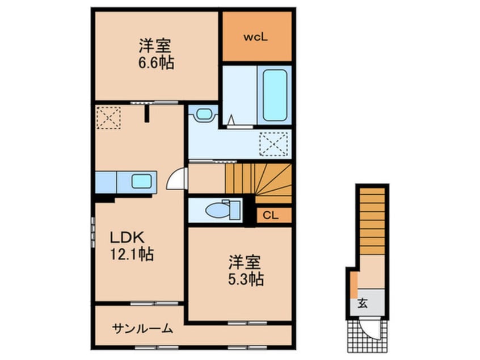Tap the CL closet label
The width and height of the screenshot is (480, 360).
[270, 216]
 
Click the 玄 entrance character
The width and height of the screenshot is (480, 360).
[362, 303]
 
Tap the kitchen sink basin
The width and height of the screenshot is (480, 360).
[141, 182]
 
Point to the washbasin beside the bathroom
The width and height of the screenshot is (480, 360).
[201, 114]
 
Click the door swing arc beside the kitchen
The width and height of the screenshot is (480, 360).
[177, 181]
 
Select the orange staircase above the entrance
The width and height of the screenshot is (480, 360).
[372, 216]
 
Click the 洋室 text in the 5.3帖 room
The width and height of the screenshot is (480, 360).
[245, 262]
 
